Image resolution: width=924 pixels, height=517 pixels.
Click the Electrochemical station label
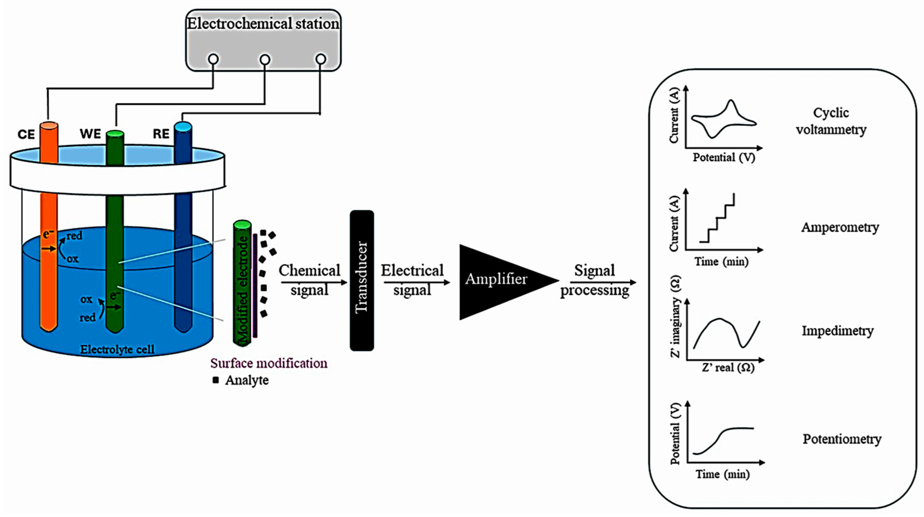coord(263,24)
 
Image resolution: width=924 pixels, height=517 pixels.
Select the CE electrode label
coord(26,135)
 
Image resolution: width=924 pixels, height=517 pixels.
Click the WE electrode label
coord(91,134)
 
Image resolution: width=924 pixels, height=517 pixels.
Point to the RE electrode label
coord(161,134)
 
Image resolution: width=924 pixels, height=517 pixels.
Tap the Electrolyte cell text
coord(117,349)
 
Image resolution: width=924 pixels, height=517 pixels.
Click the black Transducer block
coord(361,280)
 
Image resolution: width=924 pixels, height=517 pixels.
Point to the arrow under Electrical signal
coord(416,282)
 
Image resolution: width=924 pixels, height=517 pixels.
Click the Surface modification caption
coord(269,363)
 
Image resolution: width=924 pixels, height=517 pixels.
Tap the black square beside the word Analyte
coord(216,380)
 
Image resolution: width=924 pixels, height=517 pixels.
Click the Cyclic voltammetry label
coord(831,121)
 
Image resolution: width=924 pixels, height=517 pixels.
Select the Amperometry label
coord(840,227)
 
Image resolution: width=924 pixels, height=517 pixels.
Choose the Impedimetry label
coord(838,331)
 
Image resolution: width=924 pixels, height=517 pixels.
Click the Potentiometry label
coord(842,439)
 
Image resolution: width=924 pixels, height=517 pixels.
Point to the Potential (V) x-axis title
coord(724,158)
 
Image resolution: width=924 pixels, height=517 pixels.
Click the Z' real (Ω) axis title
coord(728,368)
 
